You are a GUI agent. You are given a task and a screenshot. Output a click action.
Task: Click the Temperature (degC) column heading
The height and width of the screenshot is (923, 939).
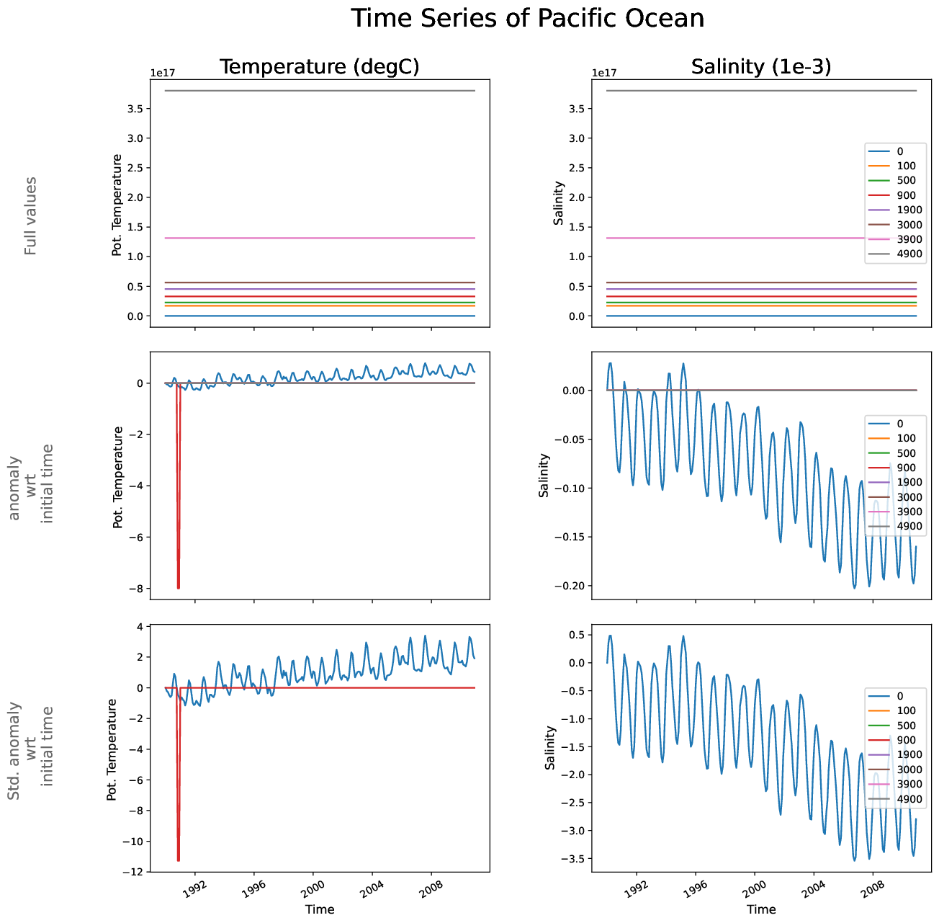[319, 67]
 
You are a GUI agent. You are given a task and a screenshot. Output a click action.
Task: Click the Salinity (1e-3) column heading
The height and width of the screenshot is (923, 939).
[760, 67]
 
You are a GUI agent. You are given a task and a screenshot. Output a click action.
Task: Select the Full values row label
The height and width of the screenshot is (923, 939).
[30, 216]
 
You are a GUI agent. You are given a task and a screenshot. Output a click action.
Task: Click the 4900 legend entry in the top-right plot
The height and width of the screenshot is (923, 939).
[909, 254]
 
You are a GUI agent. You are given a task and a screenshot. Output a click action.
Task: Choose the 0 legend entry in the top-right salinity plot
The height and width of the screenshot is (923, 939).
[899, 151]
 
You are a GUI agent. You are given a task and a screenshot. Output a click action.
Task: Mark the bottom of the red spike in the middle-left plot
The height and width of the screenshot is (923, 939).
[178, 587]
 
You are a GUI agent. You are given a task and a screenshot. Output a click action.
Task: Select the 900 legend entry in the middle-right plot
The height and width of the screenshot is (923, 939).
[906, 468]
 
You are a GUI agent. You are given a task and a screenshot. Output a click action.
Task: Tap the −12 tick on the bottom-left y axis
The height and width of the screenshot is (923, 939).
[132, 873]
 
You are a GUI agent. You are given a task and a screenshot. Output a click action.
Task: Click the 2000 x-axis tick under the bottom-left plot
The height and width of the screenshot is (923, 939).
[311, 888]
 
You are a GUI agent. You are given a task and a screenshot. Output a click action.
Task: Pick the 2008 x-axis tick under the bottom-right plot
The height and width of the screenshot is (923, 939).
[871, 888]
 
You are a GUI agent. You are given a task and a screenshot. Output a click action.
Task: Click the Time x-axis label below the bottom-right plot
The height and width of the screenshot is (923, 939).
[760, 909]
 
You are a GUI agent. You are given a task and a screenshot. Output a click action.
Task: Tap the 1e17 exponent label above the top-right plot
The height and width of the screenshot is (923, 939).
[604, 73]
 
